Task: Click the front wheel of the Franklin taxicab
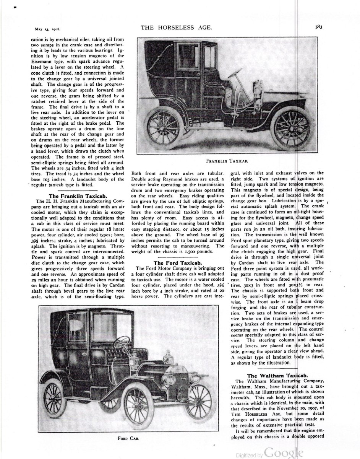pyautogui.click(x=292, y=127)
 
